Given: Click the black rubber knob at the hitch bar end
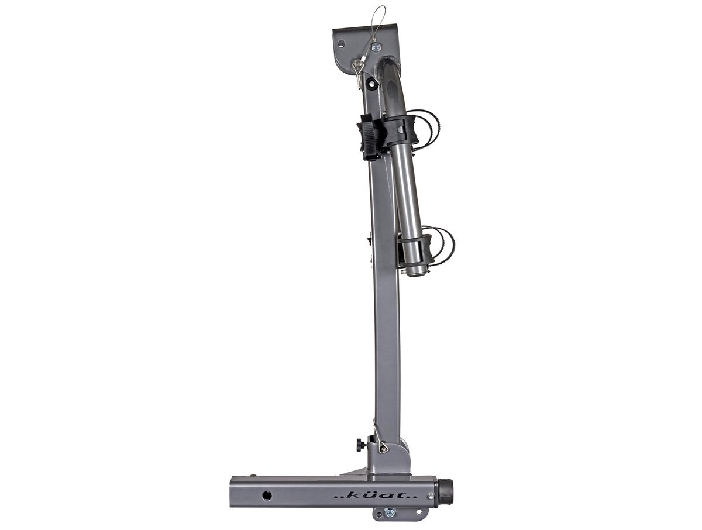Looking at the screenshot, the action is (445, 497).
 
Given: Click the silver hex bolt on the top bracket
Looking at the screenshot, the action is (377, 47).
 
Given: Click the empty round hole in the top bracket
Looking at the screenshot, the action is (342, 43).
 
